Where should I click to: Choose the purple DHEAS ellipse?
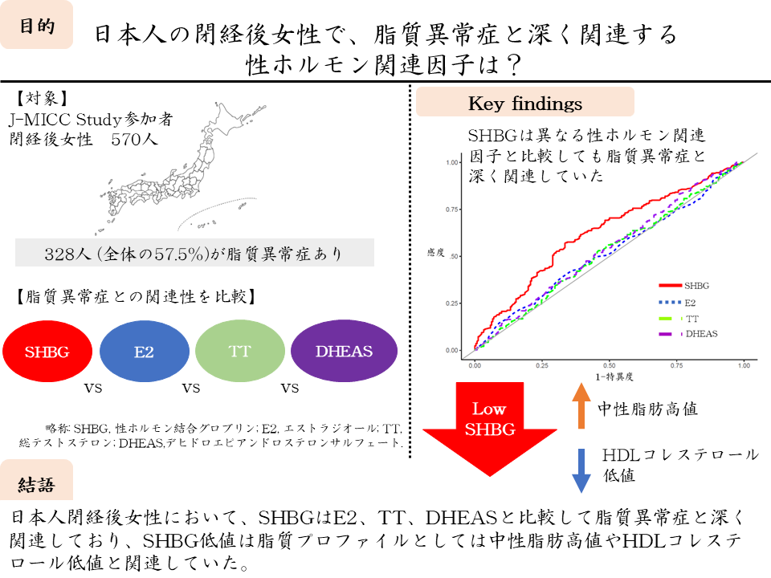[x=345, y=351]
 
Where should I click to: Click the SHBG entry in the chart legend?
[x=696, y=286]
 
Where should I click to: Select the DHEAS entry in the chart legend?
[x=700, y=333]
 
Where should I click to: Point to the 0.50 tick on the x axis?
[x=609, y=364]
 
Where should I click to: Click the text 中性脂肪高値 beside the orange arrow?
[x=648, y=409]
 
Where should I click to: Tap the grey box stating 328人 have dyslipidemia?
[x=194, y=253]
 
